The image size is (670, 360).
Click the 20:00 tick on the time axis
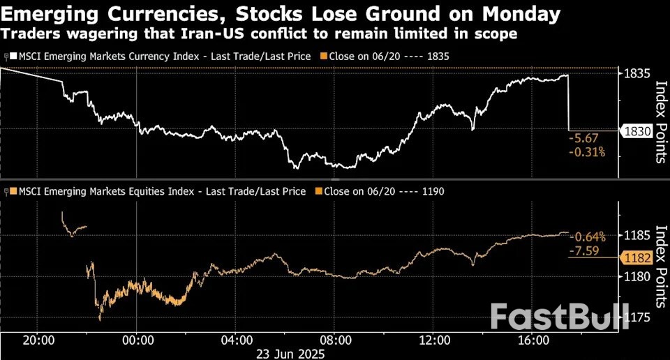click(39, 340)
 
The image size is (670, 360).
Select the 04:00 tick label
click(237, 340)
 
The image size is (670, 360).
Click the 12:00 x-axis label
click(434, 340)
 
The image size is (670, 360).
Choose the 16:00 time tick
click(533, 340)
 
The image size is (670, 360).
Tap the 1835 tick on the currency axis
click(636, 74)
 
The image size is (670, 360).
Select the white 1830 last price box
click(636, 130)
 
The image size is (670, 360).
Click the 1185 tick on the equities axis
click(636, 235)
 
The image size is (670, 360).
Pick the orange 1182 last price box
click(636, 258)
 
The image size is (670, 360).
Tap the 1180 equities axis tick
click(636, 277)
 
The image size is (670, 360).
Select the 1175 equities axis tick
click(636, 317)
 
